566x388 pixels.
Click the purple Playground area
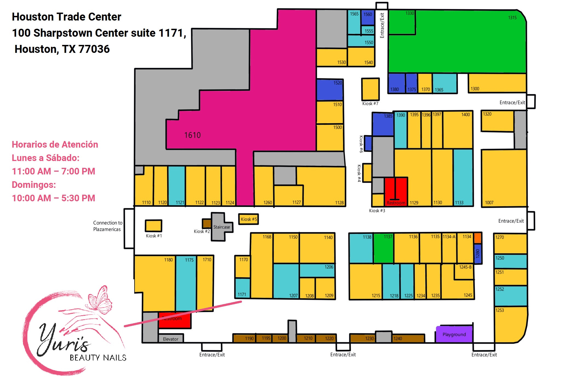pos(454,334)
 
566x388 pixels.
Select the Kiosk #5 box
pos(248,219)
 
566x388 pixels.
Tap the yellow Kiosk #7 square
pos(370,89)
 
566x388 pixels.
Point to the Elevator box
pos(171,339)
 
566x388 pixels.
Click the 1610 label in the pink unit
pos(192,135)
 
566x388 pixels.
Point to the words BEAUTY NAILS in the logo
pos(98,358)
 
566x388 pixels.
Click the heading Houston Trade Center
pos(66,17)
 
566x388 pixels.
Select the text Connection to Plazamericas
pos(107,226)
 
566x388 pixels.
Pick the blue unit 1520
pos(330,90)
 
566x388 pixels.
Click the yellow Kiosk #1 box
pos(153,226)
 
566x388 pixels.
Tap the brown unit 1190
pos(244,338)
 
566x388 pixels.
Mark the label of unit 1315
pos(512,18)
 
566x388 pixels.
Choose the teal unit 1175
pos(186,283)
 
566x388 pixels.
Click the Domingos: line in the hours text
pos(34,185)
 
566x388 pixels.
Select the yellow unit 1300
pos(497,83)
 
